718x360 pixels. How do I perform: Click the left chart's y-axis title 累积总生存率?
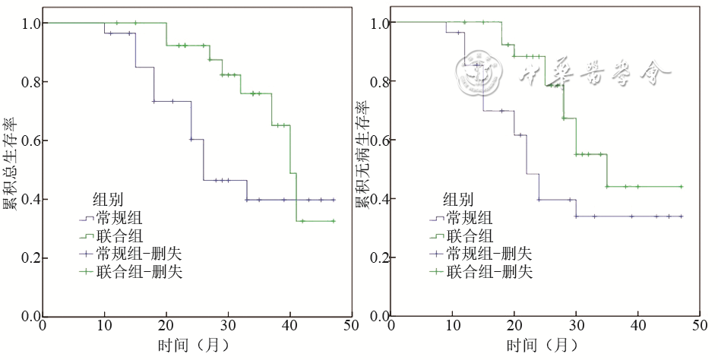9,164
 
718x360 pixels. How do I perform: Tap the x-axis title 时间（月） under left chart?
194,346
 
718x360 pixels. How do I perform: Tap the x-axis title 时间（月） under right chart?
543,346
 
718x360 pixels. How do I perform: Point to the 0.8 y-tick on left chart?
28,82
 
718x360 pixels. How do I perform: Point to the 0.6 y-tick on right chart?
378,141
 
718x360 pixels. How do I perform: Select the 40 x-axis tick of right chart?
638,325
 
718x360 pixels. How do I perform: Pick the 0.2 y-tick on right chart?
378,258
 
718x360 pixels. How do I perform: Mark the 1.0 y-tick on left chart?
28,24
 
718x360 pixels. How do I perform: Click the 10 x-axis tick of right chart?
453,325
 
